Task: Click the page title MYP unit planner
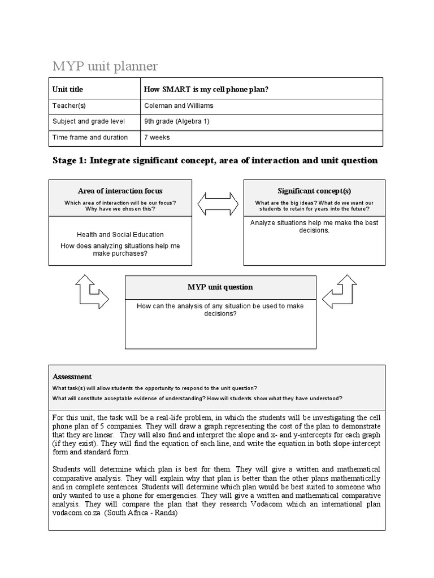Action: [x=105, y=67]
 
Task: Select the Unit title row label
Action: [x=68, y=89]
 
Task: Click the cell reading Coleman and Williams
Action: [x=175, y=106]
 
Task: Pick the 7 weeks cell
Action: [x=157, y=137]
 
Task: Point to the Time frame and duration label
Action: [x=90, y=137]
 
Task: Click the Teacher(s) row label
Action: [x=69, y=106]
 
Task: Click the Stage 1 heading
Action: [x=215, y=160]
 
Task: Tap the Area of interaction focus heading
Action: [x=120, y=191]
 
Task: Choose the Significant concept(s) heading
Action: [x=314, y=191]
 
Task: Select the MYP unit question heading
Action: [x=220, y=287]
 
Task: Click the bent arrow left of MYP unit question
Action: [x=91, y=291]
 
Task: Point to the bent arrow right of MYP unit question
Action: [x=340, y=291]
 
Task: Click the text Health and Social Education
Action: [x=120, y=234]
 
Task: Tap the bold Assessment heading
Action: [x=72, y=376]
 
